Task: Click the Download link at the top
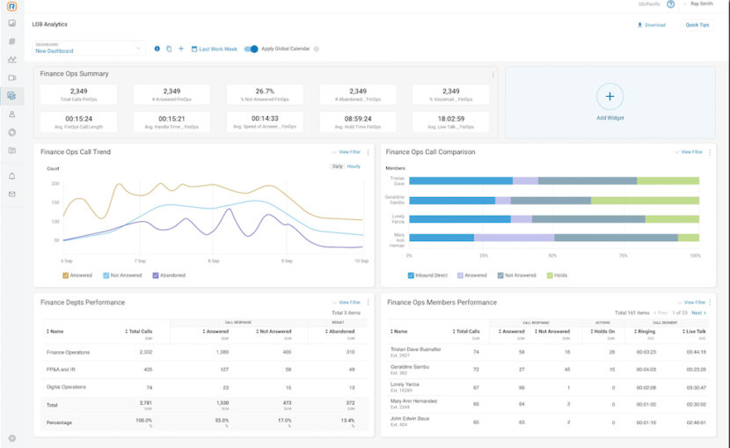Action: click(652, 25)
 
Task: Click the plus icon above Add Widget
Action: click(610, 95)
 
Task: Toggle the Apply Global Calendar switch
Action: click(252, 49)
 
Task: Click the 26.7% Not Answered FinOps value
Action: click(265, 92)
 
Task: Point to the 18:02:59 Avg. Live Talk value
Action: click(450, 118)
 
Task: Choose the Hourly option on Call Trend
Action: click(354, 166)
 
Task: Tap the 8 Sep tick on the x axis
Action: click(214, 261)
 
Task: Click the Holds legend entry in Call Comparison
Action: click(560, 275)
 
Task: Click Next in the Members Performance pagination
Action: click(697, 312)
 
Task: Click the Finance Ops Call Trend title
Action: click(76, 152)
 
